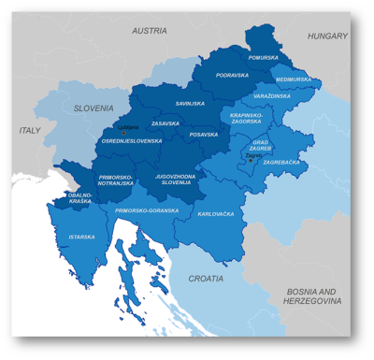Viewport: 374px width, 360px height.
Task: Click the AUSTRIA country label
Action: [x=149, y=31]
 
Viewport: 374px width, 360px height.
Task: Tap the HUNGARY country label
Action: [x=328, y=36]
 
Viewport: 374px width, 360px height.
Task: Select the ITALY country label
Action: [x=32, y=130]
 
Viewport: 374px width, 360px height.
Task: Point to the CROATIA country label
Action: [x=206, y=279]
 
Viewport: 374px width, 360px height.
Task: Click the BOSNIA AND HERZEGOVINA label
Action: [x=313, y=295]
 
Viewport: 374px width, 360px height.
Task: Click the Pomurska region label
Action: [x=263, y=57]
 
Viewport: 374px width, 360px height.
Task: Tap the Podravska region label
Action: [x=231, y=75]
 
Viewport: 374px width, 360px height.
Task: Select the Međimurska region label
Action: [x=293, y=79]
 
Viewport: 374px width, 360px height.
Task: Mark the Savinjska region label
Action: [x=190, y=103]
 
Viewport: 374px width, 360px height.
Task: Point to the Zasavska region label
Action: [x=165, y=122]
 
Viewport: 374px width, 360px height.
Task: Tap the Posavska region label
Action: [x=203, y=134]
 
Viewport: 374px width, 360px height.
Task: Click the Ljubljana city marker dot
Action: [x=124, y=133]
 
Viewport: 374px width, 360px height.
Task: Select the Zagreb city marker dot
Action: [x=250, y=160]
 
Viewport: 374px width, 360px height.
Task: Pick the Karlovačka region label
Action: [x=216, y=214]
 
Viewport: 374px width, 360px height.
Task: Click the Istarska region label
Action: [x=81, y=237]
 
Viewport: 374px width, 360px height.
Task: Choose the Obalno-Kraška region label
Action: [x=79, y=198]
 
